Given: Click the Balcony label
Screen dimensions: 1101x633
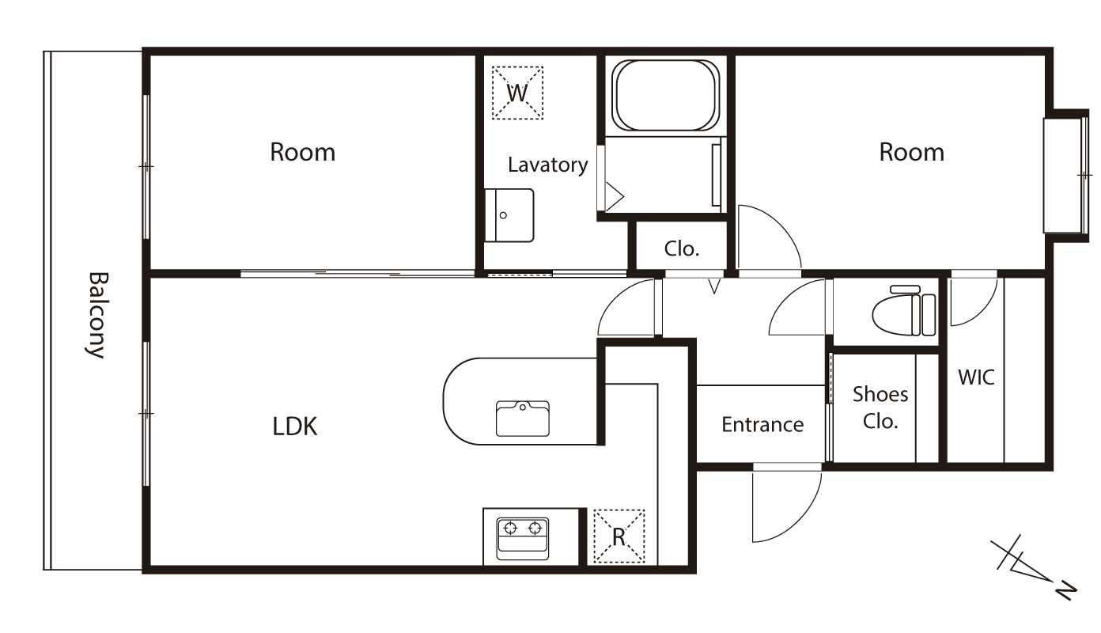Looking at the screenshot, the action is coord(96,315).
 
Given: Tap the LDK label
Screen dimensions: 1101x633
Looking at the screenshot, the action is coord(295,426).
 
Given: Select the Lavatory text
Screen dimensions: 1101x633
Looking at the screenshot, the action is coord(547,165).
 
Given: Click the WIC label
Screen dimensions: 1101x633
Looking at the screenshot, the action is coord(976,377).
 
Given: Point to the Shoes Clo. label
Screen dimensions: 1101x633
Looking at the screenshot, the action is coord(880,407).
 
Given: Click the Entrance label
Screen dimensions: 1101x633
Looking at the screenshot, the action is coord(762,424).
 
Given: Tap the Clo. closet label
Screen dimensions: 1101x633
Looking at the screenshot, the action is coord(681,249).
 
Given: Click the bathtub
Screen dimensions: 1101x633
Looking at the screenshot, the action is coord(665,96).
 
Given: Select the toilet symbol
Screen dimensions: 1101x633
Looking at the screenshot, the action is coord(904,311).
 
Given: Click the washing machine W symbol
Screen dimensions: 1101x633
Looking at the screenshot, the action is coord(517,93).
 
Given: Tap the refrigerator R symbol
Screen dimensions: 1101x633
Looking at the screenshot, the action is coord(619,536).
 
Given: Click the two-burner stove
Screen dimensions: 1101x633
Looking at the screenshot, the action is coord(523,539).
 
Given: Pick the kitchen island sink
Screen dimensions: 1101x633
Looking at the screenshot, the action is coord(523,419).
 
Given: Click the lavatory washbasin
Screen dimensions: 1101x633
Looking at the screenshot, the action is coord(509,215).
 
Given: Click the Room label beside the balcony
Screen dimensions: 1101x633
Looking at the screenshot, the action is coord(303,153).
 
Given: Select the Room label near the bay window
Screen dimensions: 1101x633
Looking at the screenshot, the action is coord(912,153).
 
